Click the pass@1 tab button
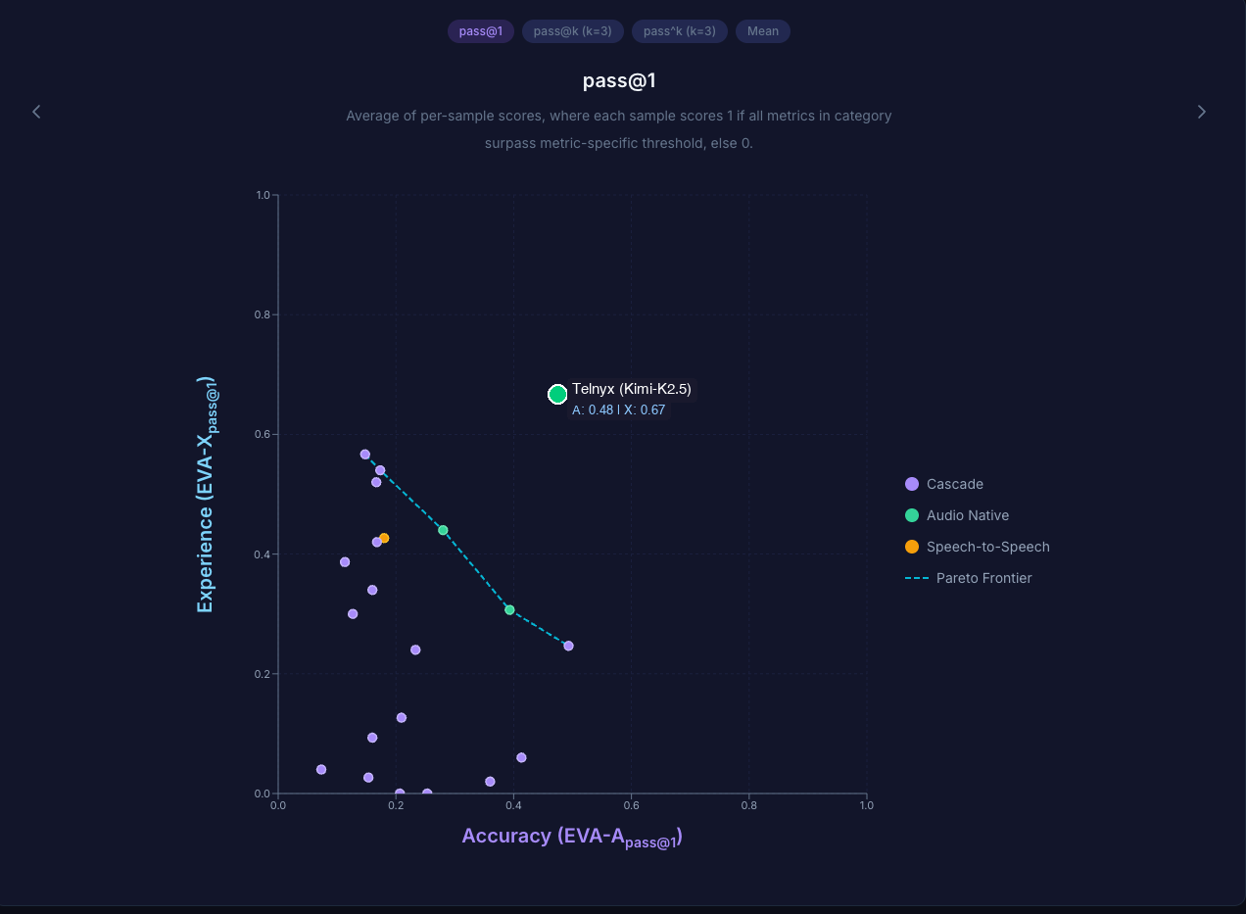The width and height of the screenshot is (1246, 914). [480, 31]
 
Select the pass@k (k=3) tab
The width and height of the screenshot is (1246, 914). [573, 31]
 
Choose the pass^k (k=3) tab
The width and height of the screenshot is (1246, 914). [680, 31]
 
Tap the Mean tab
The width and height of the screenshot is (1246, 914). [763, 31]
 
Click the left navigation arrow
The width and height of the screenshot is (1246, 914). [36, 112]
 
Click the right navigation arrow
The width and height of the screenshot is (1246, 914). [1202, 112]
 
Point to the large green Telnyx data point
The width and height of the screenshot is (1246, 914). [557, 394]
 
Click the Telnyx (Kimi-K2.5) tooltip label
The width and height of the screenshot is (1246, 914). [632, 389]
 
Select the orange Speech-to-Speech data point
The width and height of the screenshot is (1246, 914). [384, 538]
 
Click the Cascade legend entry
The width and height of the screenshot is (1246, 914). [954, 484]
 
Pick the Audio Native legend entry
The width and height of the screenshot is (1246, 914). [967, 515]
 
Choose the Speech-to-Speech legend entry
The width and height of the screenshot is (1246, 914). [987, 547]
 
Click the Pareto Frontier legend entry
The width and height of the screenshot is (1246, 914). [983, 578]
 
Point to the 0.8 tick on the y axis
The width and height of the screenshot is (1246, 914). [263, 314]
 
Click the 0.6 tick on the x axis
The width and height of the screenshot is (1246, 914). [631, 805]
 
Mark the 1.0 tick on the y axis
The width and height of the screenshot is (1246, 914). [263, 195]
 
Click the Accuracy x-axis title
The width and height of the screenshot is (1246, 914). [572, 837]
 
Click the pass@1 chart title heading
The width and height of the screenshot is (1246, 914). [618, 80]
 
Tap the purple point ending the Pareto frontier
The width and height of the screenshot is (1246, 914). [568, 646]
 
